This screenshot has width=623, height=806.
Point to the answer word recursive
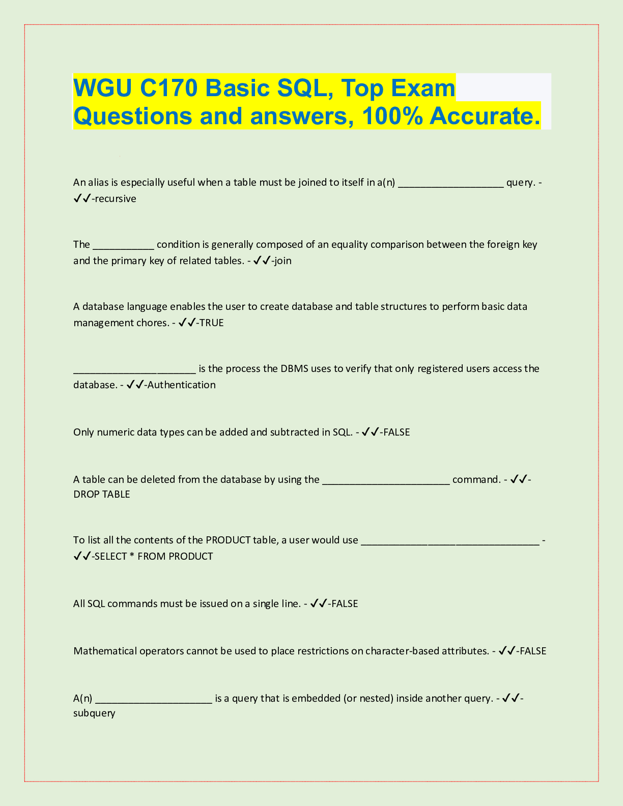(x=116, y=199)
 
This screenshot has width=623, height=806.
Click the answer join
(x=283, y=261)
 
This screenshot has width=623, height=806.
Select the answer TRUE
(x=211, y=323)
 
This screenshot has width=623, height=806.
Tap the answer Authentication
(x=181, y=385)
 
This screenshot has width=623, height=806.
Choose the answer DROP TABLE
(x=102, y=495)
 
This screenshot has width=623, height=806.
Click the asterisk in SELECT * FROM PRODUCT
(x=132, y=556)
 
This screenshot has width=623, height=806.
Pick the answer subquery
(x=94, y=713)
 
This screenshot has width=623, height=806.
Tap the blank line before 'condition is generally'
(x=123, y=245)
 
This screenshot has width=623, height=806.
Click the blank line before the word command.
(x=386, y=480)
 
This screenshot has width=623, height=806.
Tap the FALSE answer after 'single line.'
(x=345, y=604)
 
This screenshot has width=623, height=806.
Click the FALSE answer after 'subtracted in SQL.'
(x=396, y=433)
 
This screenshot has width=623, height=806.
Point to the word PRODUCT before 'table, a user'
(x=228, y=540)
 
